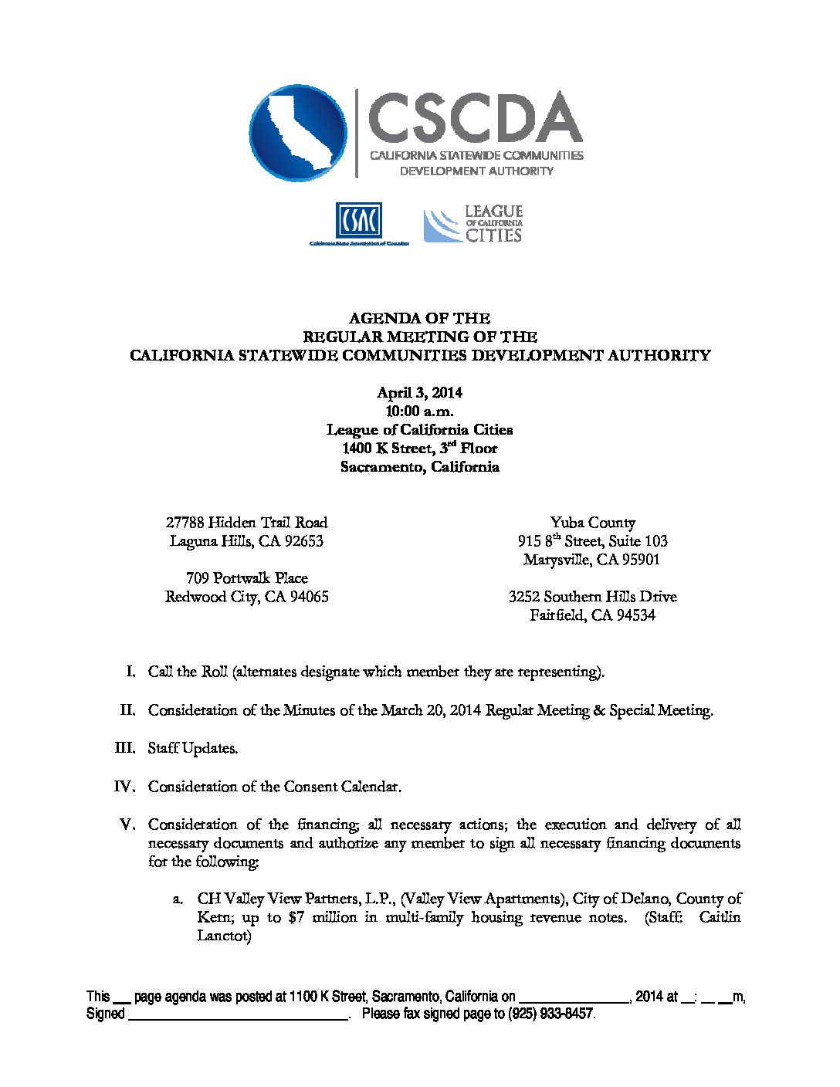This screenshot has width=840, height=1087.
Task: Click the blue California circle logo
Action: click(297, 133)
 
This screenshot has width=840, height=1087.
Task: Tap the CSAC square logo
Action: click(358, 221)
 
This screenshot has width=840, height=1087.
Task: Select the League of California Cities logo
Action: click(472, 224)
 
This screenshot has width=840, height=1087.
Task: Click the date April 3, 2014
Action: click(419, 393)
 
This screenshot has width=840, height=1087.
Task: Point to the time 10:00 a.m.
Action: click(419, 411)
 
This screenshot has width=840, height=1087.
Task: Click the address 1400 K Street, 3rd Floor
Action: click(419, 449)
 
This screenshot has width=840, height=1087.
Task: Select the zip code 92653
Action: click(302, 541)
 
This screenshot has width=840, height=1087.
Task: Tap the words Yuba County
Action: click(592, 523)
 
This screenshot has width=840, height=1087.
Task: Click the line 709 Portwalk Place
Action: click(246, 578)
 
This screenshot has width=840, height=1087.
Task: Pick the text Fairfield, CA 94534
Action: click(592, 615)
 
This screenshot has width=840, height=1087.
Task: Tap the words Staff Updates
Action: click(193, 748)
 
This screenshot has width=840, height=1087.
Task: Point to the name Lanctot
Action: click(224, 936)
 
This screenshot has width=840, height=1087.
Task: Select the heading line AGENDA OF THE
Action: click(419, 318)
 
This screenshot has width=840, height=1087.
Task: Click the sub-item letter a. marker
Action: click(178, 899)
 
